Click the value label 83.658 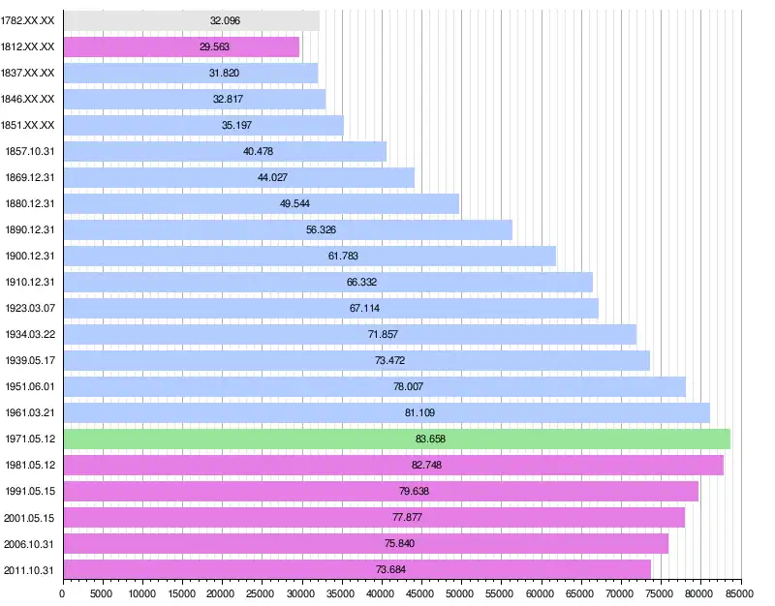[431, 439]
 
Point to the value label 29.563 [215, 46]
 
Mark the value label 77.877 [407, 517]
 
